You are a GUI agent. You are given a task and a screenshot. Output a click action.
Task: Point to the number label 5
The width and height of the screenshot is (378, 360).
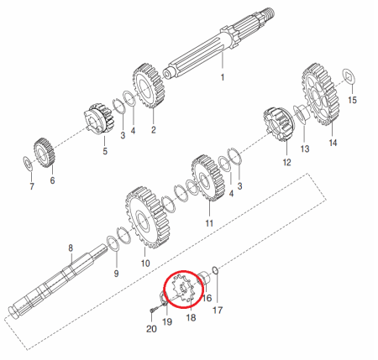[105, 152]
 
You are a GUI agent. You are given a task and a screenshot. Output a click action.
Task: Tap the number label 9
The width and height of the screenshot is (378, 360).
[116, 274]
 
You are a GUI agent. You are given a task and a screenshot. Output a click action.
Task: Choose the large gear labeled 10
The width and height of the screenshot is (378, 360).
[144, 222]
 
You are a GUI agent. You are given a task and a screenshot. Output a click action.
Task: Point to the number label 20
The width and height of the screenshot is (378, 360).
[151, 330]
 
